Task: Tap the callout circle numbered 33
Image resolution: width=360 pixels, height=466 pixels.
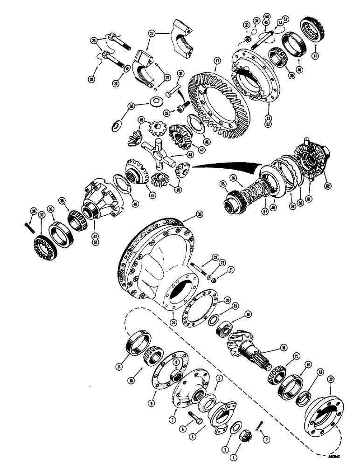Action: pyautogui.click(x=246, y=24)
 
